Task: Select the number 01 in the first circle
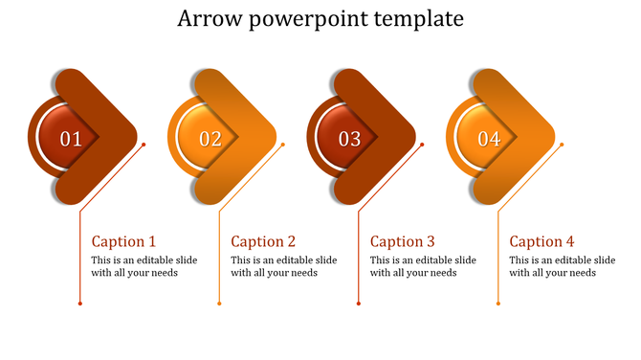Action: tap(71, 139)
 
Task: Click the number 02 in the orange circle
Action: tap(210, 139)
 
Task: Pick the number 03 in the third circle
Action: tap(349, 139)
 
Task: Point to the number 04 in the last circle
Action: tap(489, 139)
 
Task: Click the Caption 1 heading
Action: tap(123, 241)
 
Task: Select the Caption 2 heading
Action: tap(263, 241)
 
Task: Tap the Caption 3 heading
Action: tap(403, 241)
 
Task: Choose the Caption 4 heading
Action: tap(542, 241)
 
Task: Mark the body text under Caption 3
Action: tap(423, 266)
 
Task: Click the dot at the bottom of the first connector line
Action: tap(79, 304)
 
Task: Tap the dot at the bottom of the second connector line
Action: tap(219, 304)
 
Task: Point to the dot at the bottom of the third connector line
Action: tap(359, 304)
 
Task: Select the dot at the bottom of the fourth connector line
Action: tap(497, 304)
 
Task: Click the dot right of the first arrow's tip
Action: tap(144, 145)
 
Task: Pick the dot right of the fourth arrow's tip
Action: tap(562, 145)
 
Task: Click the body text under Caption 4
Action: tap(562, 266)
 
